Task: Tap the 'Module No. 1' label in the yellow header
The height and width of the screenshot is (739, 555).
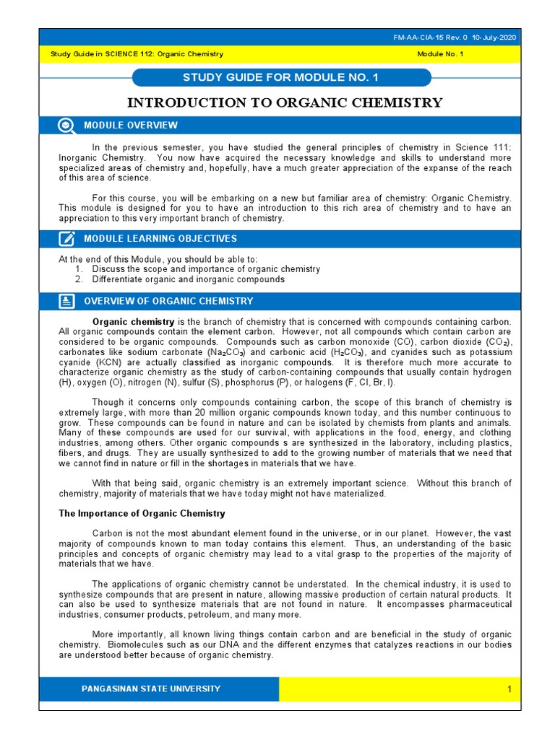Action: point(441,54)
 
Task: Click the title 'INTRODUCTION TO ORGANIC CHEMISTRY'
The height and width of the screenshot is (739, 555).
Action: point(285,102)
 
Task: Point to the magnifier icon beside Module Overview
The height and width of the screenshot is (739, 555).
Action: point(66,126)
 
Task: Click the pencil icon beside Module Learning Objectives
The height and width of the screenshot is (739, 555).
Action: point(66,239)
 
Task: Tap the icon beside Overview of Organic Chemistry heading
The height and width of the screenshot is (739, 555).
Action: point(66,301)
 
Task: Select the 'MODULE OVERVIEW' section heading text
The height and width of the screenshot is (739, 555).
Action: point(131,126)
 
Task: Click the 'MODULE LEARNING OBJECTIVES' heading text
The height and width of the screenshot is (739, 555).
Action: point(160,239)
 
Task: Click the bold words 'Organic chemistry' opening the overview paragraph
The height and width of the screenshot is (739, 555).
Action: point(134,321)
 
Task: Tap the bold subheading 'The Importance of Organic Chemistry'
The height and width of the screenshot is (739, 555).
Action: point(142,514)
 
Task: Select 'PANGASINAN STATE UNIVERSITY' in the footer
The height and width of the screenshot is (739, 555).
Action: point(152,689)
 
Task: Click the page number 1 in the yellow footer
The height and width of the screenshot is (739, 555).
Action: point(509,690)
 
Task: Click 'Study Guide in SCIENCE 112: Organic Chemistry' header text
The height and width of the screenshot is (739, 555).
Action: point(137,54)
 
